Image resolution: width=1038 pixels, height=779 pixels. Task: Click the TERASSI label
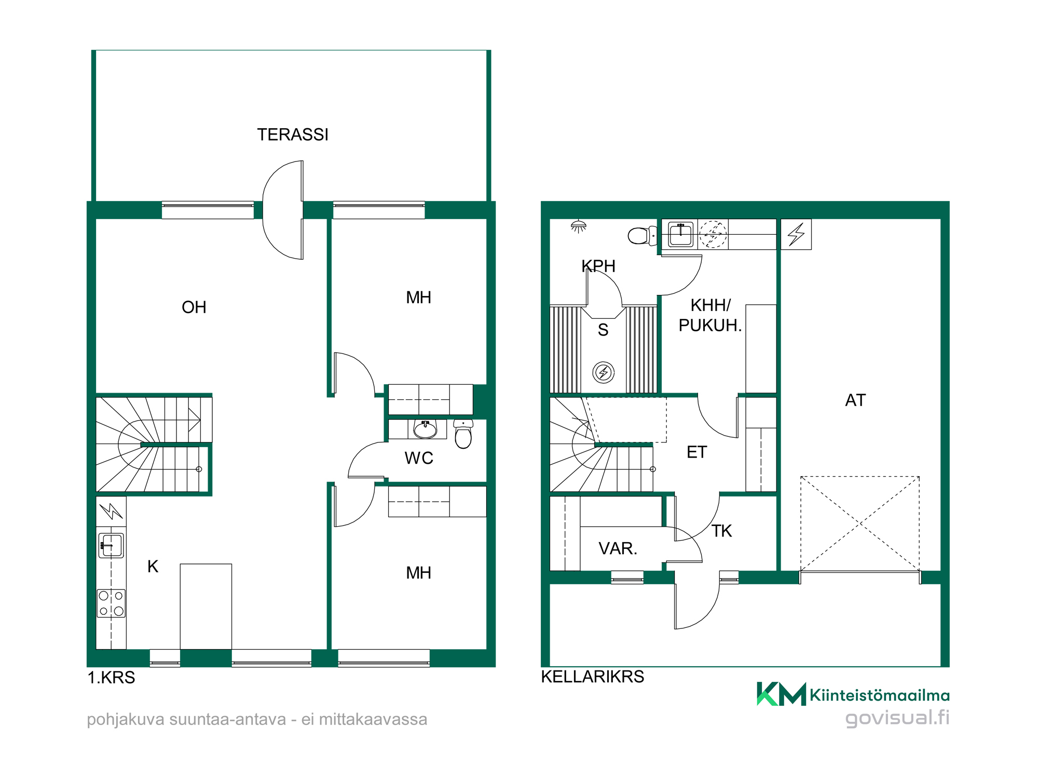[x=293, y=135]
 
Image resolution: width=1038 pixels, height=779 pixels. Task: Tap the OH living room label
[x=194, y=307]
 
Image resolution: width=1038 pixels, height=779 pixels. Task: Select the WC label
[x=419, y=458]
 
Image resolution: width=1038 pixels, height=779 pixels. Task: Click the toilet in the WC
[x=463, y=434]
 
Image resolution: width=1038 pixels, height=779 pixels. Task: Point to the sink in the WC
[x=425, y=429]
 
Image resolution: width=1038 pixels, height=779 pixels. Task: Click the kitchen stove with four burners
[x=111, y=603]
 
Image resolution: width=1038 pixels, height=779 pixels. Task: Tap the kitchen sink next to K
[x=111, y=545]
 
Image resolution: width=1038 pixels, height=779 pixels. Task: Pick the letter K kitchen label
[x=153, y=567]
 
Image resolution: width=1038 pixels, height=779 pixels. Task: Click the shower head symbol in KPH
[x=578, y=226]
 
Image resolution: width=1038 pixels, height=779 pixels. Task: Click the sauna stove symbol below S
[x=604, y=372]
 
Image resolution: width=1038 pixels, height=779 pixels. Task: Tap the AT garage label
[x=855, y=400]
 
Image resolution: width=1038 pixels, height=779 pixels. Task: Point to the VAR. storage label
[x=618, y=548]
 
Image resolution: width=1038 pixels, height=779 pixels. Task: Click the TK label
[x=721, y=531]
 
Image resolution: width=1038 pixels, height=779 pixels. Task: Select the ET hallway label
[x=696, y=452]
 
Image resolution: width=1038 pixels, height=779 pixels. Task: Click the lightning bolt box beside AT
[x=796, y=234]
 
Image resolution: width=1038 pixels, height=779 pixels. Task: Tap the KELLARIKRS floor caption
[x=593, y=677]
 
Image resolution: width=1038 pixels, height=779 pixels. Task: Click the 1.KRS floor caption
[x=111, y=678]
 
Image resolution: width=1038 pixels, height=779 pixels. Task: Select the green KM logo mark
[x=782, y=694]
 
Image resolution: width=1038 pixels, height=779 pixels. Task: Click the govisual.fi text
[x=897, y=718]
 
